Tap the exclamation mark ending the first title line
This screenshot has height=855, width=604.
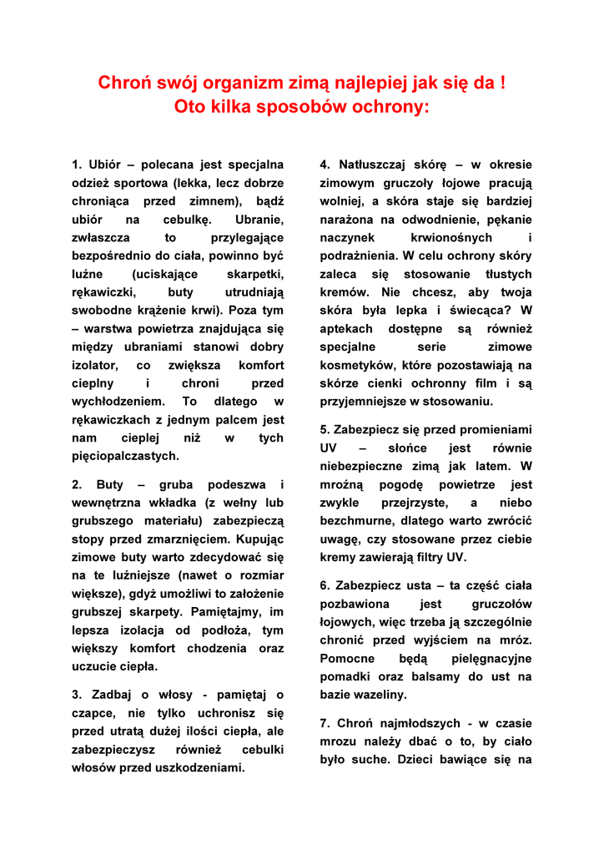click(x=502, y=83)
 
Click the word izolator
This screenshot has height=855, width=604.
click(x=94, y=365)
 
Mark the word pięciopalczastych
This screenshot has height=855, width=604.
click(x=125, y=456)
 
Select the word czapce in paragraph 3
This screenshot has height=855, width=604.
click(x=92, y=713)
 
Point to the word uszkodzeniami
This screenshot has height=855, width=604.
click(x=204, y=767)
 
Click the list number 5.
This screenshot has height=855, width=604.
click(x=325, y=429)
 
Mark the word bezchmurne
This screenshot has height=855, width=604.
click(x=358, y=520)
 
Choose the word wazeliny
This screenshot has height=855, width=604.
click(x=380, y=694)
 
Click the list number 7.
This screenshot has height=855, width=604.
click(x=325, y=723)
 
